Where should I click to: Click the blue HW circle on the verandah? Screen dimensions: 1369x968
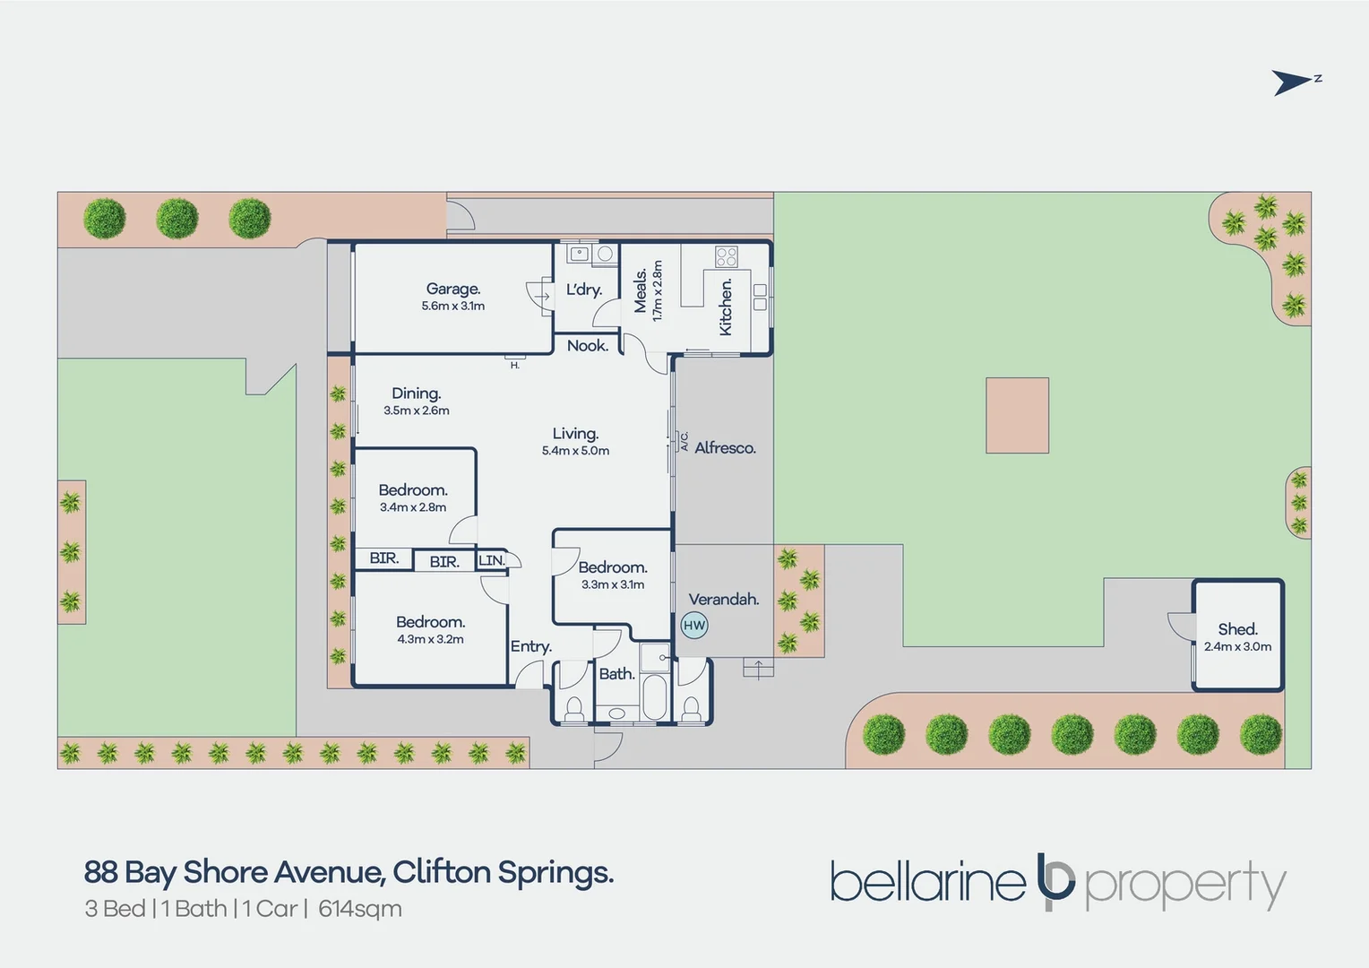pos(694,625)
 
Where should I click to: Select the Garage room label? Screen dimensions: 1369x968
pos(452,289)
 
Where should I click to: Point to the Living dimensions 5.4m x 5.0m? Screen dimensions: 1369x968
pos(575,451)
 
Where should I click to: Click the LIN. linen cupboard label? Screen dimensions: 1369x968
pos(492,560)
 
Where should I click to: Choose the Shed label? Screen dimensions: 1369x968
pos(1238,628)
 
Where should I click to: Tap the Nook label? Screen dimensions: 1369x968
pos(588,345)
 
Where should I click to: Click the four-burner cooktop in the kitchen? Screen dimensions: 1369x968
pos(727,256)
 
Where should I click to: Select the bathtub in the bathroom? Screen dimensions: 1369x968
pos(655,697)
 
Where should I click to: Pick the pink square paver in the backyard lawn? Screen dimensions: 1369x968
pos(1017,416)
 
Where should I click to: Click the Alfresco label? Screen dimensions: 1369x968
pos(726,448)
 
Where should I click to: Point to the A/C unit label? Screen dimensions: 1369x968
pos(684,441)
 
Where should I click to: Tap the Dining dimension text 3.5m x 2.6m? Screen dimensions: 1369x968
pos(417,411)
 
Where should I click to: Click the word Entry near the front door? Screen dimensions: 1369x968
pos(531,647)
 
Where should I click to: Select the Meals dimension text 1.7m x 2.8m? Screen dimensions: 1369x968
pos(657,291)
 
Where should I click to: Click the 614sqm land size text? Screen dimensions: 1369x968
pos(360,910)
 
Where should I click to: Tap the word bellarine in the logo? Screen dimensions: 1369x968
pos(928,882)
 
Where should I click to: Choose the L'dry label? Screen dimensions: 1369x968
pos(584,290)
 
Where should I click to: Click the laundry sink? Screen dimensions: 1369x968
pos(580,254)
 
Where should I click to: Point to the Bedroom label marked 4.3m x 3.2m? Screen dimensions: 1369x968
pos(431,622)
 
